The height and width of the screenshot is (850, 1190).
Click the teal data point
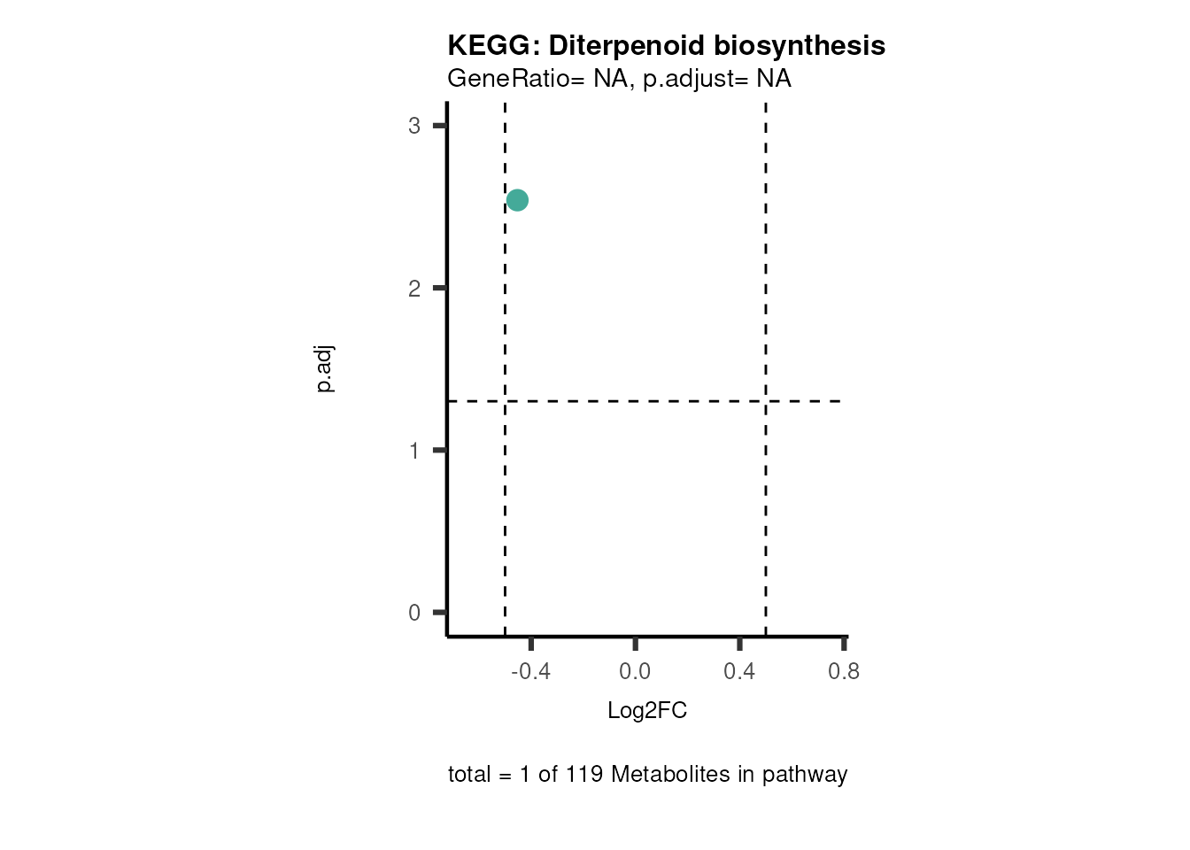click(517, 200)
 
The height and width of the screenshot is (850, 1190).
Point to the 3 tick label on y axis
click(414, 126)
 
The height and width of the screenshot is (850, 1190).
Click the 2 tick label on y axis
click(414, 289)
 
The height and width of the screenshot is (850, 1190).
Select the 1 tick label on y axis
click(414, 451)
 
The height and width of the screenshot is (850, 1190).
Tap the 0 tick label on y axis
click(414, 613)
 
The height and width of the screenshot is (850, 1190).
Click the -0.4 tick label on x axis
click(530, 672)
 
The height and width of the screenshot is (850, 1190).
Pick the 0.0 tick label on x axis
click(635, 672)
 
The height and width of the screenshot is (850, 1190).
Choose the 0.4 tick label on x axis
click(739, 672)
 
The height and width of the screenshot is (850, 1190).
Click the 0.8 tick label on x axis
click(844, 672)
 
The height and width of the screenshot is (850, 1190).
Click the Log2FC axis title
click(647, 711)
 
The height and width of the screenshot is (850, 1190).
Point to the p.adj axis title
click(325, 369)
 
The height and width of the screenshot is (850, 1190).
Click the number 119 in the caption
click(584, 775)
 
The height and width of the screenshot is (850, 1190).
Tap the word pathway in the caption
click(805, 775)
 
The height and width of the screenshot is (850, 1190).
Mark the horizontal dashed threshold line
click(637, 401)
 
